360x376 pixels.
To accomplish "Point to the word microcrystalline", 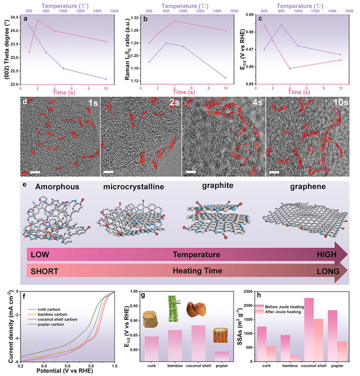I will tap(133, 187).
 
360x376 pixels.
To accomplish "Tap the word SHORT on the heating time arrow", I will tap(45, 272).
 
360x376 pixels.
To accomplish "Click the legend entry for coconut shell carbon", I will tap(56, 320).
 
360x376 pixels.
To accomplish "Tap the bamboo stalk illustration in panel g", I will tap(173, 308).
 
